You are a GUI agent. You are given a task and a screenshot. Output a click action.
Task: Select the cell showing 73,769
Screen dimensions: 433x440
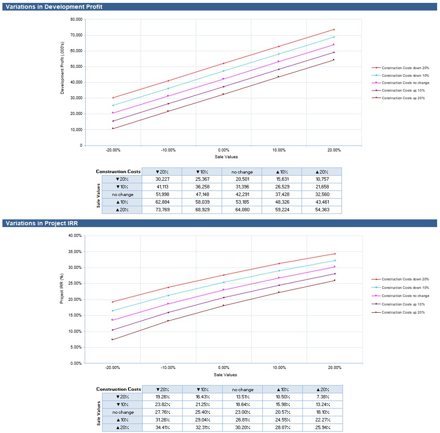[x=162, y=210]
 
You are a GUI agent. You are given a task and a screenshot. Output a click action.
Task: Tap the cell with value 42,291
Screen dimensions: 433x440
[x=242, y=194]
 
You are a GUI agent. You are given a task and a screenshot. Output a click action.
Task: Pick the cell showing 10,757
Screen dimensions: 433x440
[x=322, y=179]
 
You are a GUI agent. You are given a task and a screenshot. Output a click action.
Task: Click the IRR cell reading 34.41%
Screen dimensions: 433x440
[x=163, y=427]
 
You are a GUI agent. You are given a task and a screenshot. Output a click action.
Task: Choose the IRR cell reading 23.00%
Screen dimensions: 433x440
[x=243, y=412]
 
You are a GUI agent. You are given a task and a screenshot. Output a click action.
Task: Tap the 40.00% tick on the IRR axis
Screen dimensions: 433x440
[x=75, y=236]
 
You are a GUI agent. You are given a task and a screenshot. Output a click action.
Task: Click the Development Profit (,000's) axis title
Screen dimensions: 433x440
[x=62, y=72]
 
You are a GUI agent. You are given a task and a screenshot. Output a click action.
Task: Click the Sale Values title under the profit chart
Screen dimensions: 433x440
[x=226, y=157]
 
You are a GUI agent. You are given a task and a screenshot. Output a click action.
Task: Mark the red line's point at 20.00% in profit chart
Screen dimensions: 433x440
[x=334, y=29]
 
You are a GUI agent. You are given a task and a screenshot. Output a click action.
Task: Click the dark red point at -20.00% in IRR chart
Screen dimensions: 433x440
[x=113, y=340]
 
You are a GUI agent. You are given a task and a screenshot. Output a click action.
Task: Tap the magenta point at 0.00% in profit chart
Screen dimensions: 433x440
[x=223, y=79]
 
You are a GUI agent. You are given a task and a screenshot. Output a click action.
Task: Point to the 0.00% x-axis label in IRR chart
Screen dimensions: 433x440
[x=223, y=368]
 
